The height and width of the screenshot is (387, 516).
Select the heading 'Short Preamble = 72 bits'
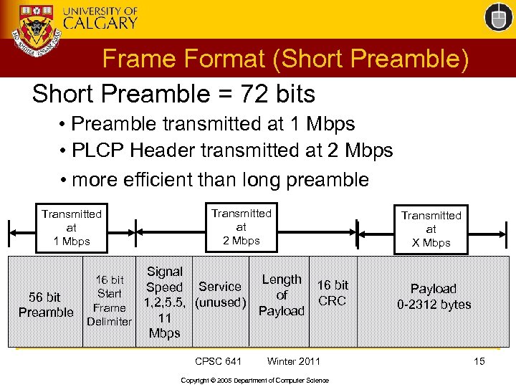(173, 93)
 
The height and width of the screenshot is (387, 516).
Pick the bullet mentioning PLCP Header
(226, 150)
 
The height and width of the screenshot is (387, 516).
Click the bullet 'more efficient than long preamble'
(214, 178)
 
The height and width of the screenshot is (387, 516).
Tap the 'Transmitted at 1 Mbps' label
(72, 227)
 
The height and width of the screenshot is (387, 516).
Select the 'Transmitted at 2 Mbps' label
(242, 226)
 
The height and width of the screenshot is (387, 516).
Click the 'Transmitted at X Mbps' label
(431, 229)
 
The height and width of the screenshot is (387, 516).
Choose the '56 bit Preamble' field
(46, 304)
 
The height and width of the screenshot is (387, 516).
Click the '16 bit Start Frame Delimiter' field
(109, 301)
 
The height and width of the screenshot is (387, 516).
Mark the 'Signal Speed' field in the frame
(164, 302)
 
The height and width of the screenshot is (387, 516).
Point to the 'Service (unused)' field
(221, 295)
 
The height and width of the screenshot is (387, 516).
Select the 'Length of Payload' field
(282, 295)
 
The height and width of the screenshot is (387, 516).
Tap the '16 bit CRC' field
(333, 293)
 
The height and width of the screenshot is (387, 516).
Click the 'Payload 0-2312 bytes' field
(434, 297)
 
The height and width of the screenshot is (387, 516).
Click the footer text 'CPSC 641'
(219, 361)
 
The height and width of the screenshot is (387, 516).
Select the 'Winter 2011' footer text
(294, 361)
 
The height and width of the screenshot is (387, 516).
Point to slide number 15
(479, 361)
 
